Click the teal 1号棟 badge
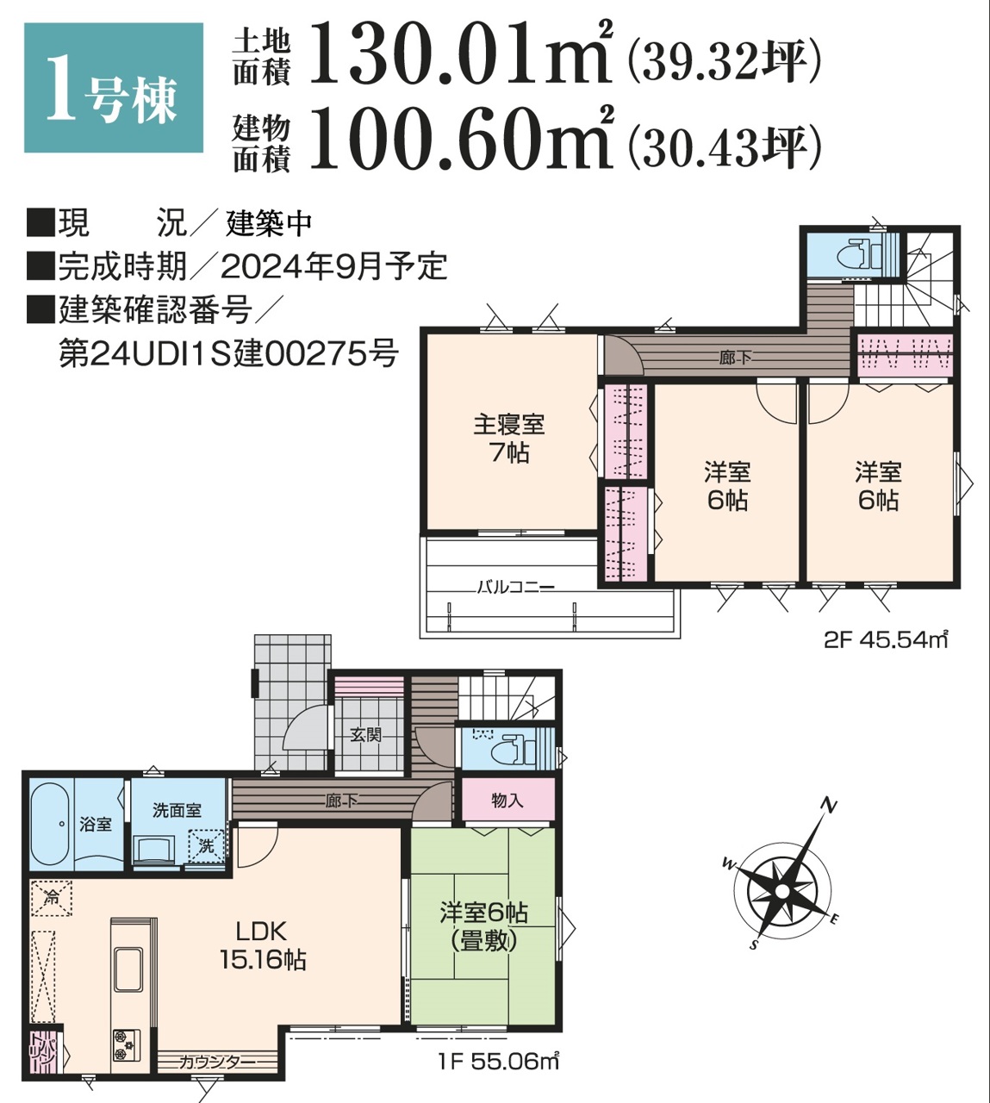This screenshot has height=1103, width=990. point(113,88)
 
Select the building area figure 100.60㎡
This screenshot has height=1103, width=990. point(459,138)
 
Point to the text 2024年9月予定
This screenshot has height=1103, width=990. point(333,266)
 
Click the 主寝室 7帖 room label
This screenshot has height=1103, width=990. point(508,438)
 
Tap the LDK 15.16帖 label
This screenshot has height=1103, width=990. point(262,944)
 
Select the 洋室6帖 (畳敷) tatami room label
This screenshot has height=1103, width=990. point(483,926)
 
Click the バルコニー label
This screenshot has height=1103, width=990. point(516,588)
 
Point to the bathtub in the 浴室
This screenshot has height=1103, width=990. point(50,824)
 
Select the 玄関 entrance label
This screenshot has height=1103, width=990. point(366,734)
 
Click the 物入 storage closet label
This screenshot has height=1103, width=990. point(507,801)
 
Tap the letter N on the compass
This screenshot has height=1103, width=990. point(829,807)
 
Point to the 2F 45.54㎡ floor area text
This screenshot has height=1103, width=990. point(886,640)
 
